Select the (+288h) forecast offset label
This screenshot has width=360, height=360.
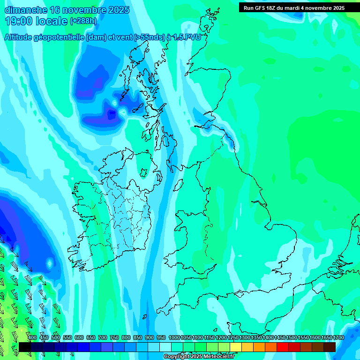point(84,21)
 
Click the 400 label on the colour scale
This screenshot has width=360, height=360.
point(32,337)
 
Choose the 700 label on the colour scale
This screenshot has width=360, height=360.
point(103,337)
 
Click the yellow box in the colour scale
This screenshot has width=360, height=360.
point(236,347)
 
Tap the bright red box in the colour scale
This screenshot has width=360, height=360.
point(283,347)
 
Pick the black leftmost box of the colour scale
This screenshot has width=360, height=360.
point(25,347)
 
